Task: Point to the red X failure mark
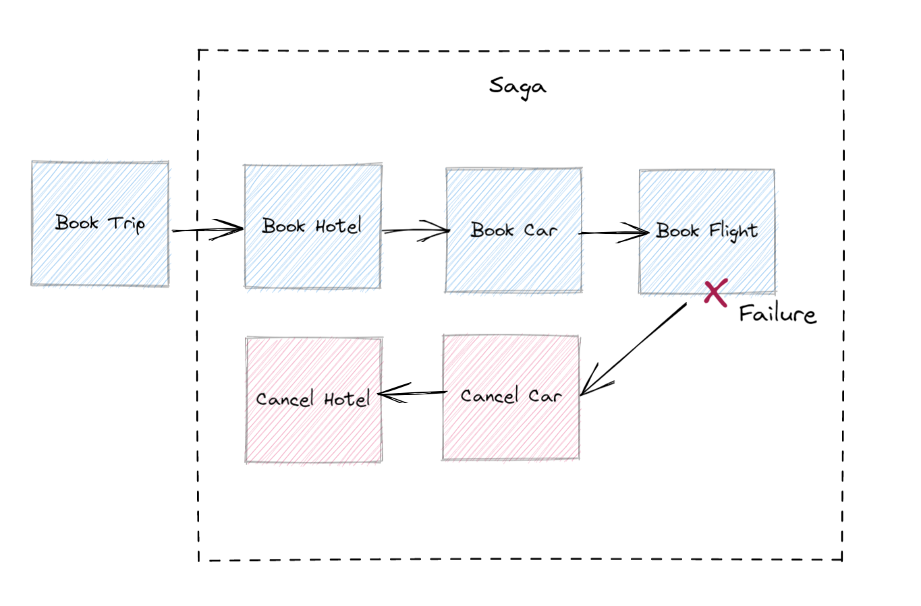click(x=715, y=293)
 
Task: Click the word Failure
click(x=777, y=314)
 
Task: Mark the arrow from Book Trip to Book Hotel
click(x=206, y=231)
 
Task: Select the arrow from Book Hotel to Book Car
click(x=415, y=231)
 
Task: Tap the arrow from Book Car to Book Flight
click(x=613, y=233)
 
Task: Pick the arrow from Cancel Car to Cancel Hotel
click(x=412, y=393)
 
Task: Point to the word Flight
click(x=733, y=231)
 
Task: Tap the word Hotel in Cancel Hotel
click(x=347, y=400)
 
